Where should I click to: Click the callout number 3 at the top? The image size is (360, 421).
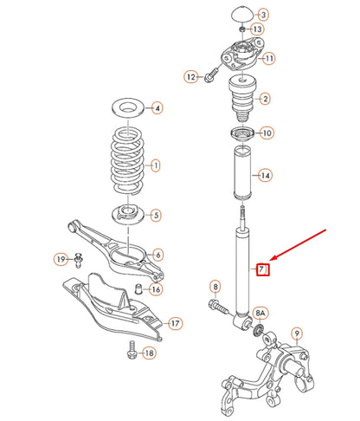point(264,15)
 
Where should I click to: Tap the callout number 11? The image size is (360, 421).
point(269,58)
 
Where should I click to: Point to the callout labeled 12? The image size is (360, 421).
point(190,77)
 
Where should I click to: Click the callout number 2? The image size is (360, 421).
point(264,100)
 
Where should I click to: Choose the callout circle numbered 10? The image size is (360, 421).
point(266,133)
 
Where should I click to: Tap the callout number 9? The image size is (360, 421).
point(297,333)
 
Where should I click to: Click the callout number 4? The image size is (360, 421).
point(157,109)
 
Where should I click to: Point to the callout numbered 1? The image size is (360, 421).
point(156,165)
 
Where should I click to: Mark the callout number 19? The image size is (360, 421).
point(61,258)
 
